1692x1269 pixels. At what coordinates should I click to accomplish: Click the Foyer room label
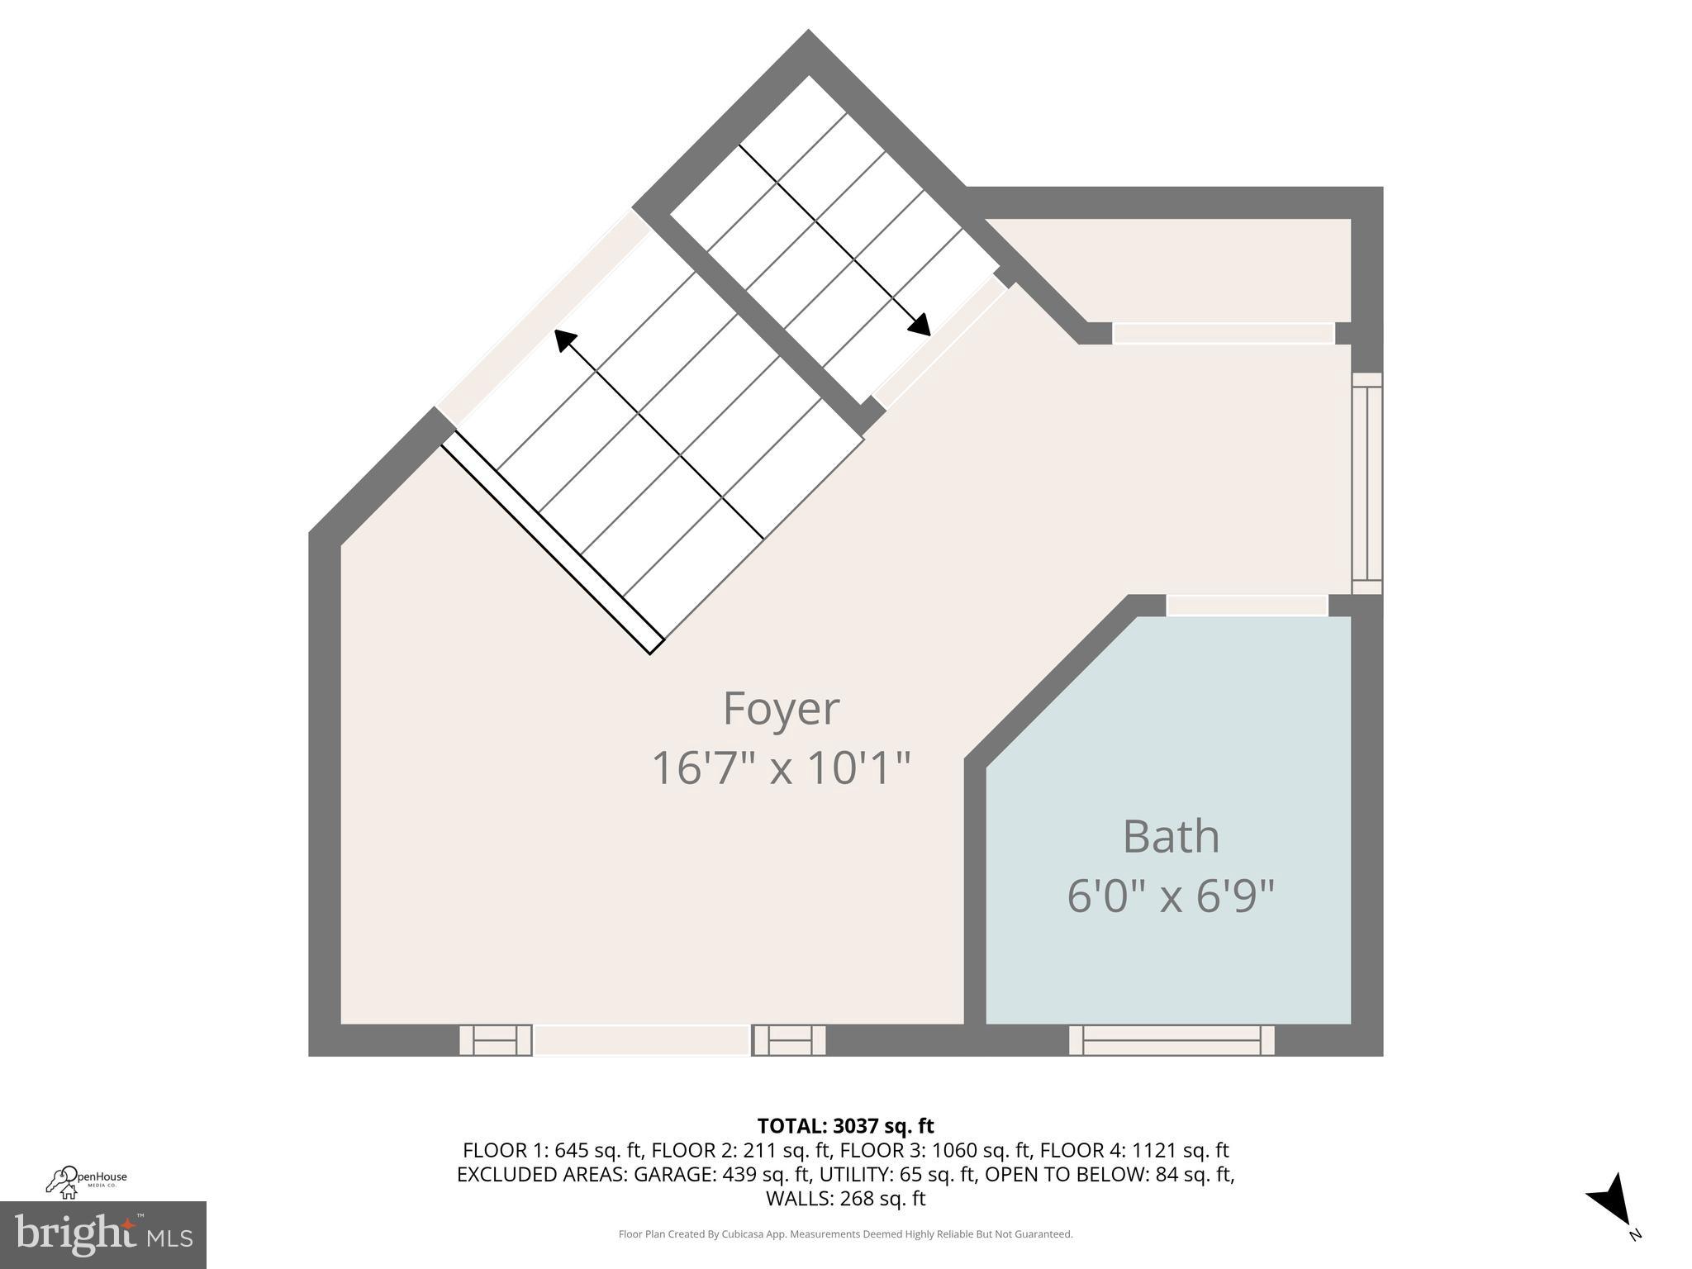pos(781,709)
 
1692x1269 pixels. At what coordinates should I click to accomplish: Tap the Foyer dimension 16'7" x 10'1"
pos(781,768)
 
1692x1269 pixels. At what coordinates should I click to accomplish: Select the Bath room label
pos(1171,836)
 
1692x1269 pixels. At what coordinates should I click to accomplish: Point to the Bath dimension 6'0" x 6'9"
pos(1171,896)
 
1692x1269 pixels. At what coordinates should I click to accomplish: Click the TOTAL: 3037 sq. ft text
pos(845,1126)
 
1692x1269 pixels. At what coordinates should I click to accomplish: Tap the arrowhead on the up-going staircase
pos(564,340)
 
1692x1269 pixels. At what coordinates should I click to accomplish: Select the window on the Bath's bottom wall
pos(1172,1040)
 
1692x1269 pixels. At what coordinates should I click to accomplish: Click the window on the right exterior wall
pos(1366,483)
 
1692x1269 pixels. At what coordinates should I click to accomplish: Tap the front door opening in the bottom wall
pos(642,1040)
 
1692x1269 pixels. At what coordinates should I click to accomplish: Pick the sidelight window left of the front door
pos(496,1040)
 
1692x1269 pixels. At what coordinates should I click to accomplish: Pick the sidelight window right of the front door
pos(789,1040)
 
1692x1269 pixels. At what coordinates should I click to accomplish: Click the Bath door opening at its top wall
pos(1247,605)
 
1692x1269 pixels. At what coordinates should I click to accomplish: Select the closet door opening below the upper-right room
pos(1223,334)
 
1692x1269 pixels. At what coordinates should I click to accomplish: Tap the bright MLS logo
pos(102,1234)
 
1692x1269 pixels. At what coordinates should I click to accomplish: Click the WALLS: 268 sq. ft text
pos(845,1199)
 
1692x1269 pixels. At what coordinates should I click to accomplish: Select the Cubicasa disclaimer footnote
pos(845,1234)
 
